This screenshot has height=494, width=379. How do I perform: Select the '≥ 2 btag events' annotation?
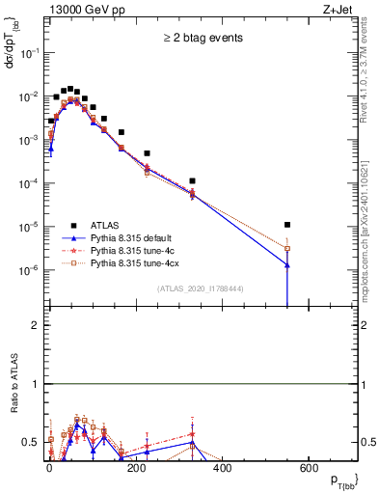pyautogui.click(x=203, y=38)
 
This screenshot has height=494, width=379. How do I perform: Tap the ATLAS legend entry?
pyautogui.click(x=107, y=221)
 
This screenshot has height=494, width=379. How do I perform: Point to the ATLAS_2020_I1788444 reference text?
pyautogui.click(x=201, y=288)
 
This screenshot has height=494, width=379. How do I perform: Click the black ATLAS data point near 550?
pyautogui.click(x=287, y=225)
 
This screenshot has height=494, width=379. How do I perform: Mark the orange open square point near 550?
pyautogui.click(x=287, y=248)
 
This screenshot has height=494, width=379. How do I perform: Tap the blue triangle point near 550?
pyautogui.click(x=287, y=264)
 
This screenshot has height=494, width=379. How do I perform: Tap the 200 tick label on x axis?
pyautogui.click(x=136, y=468)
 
